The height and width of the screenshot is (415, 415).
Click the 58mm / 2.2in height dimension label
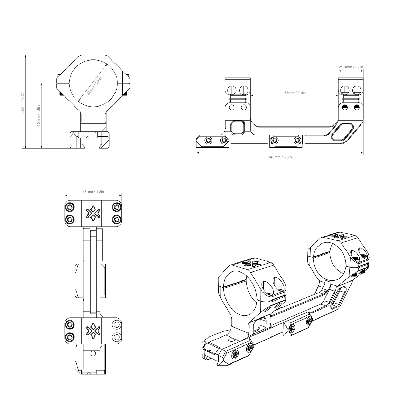[23, 102]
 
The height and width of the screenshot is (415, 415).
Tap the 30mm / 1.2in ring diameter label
[94, 86]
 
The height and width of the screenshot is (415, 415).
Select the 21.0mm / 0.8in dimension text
[351, 67]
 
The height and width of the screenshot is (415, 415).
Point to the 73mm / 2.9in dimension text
[295, 93]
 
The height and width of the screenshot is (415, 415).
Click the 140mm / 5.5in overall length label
[280, 157]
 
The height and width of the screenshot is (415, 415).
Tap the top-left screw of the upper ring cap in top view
[70, 207]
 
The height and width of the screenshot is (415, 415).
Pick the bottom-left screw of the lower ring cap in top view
[70, 336]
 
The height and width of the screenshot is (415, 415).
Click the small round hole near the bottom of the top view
[93, 353]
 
